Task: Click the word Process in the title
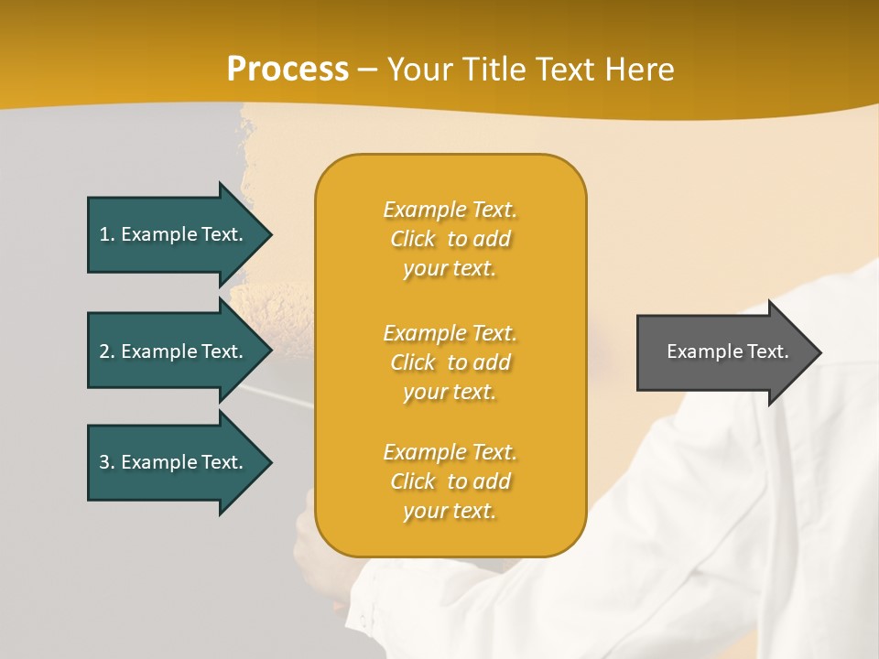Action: tap(288, 70)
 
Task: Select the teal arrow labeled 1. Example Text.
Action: tap(174, 234)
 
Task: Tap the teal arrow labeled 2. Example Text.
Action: tap(174, 351)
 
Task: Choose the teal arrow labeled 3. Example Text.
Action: tap(174, 462)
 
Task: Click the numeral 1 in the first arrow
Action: tap(104, 234)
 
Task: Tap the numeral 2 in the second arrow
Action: tap(104, 351)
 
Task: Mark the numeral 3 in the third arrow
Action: tap(104, 462)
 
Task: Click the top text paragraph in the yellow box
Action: tap(450, 239)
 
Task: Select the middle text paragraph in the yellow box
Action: tap(450, 362)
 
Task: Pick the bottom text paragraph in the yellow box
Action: tap(450, 481)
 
